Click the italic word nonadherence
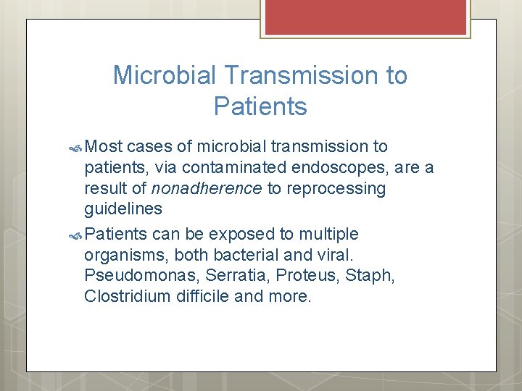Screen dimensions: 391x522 click(206, 189)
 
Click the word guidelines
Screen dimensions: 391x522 click(123, 210)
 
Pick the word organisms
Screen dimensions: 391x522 click(120, 255)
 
